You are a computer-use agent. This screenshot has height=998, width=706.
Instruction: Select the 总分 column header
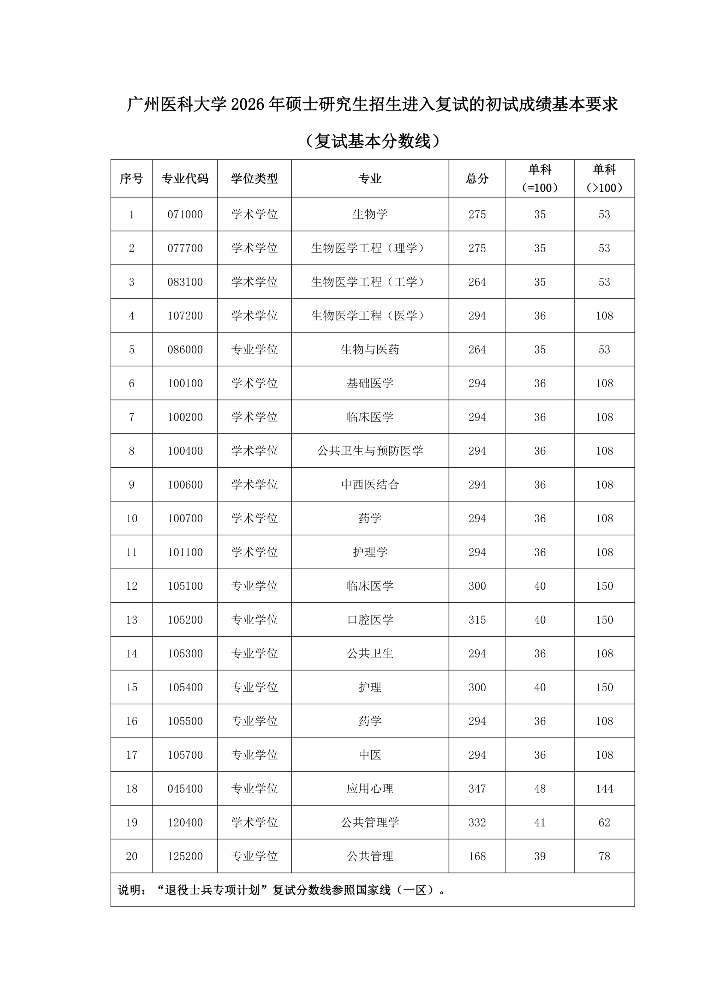point(477,179)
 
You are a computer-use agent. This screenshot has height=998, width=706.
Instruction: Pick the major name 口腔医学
point(370,619)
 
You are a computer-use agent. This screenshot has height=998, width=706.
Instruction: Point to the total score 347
point(477,788)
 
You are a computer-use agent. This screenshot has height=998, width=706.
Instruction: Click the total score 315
point(477,619)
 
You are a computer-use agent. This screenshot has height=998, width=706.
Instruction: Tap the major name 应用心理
point(370,788)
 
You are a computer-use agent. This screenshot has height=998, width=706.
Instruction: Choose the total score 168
point(477,856)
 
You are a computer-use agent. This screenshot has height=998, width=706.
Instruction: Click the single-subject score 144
point(604,788)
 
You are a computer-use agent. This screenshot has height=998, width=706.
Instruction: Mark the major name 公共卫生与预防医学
point(370,451)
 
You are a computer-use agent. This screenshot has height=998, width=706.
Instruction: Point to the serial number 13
point(131,619)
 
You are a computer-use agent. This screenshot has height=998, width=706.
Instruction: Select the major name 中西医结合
point(370,484)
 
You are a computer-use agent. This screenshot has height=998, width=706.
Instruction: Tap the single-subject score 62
point(604,822)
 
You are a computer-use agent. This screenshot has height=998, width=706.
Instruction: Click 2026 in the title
point(248,105)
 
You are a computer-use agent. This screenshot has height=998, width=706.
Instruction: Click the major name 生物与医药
point(370,349)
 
